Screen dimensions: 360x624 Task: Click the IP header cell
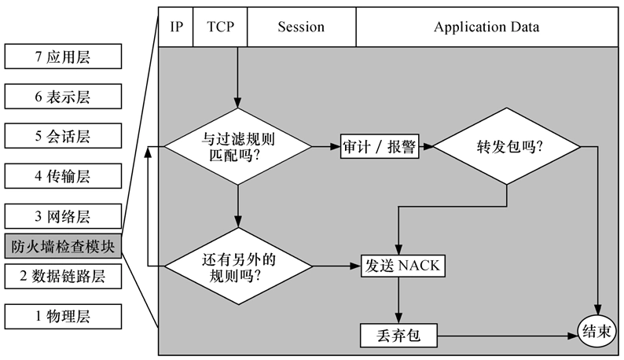tap(175, 28)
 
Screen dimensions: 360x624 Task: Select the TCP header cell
tap(219, 28)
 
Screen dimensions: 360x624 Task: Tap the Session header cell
tap(301, 28)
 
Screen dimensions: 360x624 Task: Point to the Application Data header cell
tap(486, 28)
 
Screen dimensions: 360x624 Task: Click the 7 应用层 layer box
tap(63, 57)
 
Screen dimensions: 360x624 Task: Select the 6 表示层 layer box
tap(63, 97)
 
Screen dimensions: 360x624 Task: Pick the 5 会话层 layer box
tap(63, 137)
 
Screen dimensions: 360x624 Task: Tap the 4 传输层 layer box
tap(63, 176)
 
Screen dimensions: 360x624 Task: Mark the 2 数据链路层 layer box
tap(63, 276)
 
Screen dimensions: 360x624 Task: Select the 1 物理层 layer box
tap(63, 316)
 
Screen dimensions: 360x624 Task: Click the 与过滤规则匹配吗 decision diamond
tap(237, 146)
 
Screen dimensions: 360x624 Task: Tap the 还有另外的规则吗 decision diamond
tap(237, 266)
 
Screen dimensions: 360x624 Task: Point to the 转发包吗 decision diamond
tap(507, 146)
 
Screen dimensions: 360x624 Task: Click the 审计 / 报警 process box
tap(380, 147)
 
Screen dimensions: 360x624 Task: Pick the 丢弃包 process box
tap(398, 336)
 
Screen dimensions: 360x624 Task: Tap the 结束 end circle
tap(597, 331)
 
